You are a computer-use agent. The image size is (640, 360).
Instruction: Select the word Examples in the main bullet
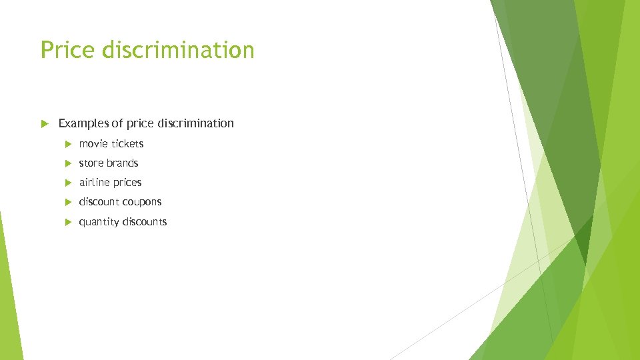coord(83,123)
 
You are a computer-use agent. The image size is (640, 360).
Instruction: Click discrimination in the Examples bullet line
coord(194,123)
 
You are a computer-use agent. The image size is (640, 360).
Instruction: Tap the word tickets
coord(127,144)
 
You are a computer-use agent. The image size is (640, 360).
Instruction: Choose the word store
coord(91,163)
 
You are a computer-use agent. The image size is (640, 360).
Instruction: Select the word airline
coord(94,183)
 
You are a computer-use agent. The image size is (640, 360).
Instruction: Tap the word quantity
coord(99,222)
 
